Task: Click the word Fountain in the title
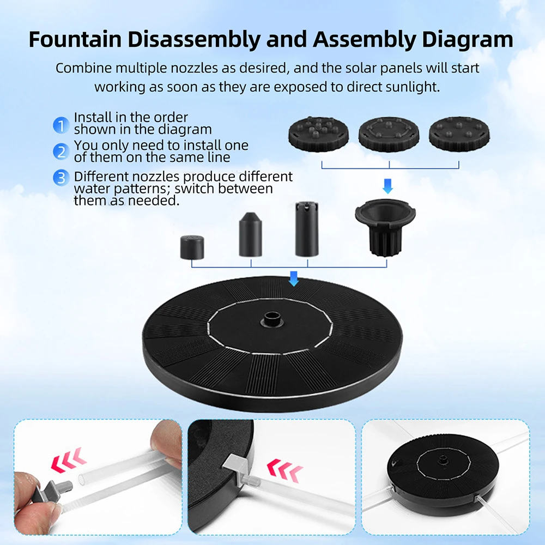75,39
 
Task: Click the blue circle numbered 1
61,125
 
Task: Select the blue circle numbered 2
61,152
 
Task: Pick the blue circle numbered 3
61,178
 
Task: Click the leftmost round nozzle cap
318,134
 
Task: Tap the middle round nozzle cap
389,134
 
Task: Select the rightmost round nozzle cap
459,134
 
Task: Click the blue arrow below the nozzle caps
387,186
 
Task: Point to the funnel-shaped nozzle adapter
385,227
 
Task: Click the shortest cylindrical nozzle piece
192,247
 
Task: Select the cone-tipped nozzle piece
250,234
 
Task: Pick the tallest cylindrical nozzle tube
306,229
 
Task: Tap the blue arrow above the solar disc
294,278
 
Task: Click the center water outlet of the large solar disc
272,319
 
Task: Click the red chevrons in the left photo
69,460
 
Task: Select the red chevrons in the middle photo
284,470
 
